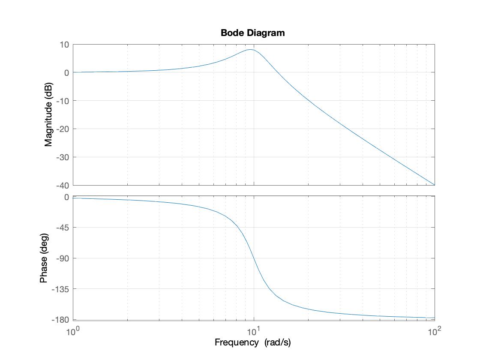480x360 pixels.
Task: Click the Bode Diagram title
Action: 252,33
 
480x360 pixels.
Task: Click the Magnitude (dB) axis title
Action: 48,114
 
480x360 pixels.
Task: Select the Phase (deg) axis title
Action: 44,258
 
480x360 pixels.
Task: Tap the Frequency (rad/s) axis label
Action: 252,342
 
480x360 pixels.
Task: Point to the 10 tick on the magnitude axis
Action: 65,44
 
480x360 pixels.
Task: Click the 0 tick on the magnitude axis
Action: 67,72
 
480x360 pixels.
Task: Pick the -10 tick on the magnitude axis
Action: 63,101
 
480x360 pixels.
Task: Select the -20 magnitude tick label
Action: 63,129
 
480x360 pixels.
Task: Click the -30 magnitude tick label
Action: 63,157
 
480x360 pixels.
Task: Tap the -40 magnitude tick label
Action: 63,185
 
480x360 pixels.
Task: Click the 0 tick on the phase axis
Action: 67,197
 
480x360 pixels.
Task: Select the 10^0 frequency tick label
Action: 73,331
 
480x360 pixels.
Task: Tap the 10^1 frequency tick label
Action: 254,331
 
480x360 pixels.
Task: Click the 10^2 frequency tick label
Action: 435,331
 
